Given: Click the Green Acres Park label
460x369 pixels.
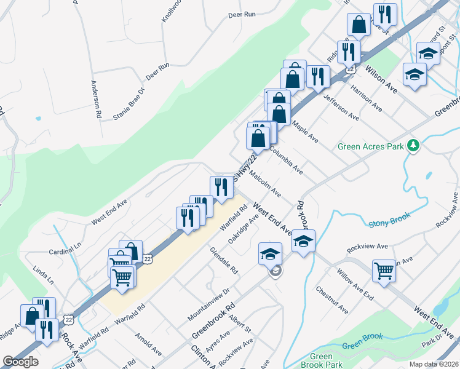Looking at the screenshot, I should [x=371, y=146].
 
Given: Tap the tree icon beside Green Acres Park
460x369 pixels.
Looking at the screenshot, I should [x=414, y=146].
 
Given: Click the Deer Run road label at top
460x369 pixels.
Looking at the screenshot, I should [x=241, y=14].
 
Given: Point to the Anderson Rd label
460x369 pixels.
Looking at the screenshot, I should [x=96, y=99].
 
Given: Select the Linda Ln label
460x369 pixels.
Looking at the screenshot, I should [x=44, y=275].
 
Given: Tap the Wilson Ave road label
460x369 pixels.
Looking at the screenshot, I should [x=381, y=79].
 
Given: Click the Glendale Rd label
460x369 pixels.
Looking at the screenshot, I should [x=224, y=260].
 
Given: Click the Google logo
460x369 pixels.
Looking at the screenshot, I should [x=20, y=362].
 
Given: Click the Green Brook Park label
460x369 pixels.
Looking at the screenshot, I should [x=321, y=361].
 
